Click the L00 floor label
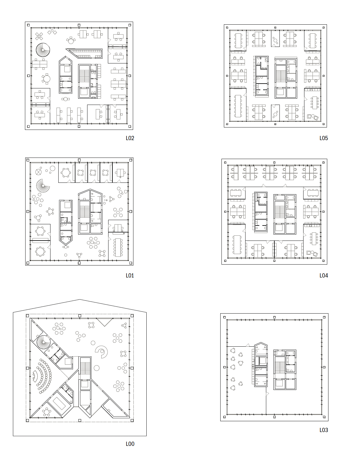pyautogui.click(x=130, y=444)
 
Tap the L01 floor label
pyautogui.click(x=130, y=275)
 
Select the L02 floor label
pyautogui.click(x=130, y=138)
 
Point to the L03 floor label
pyautogui.click(x=324, y=430)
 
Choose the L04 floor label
pyautogui.click(x=324, y=275)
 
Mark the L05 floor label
pyautogui.click(x=324, y=138)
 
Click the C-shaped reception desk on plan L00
pyautogui.click(x=102, y=352)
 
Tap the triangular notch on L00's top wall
pyautogui.click(x=105, y=322)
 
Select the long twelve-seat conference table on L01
pyautogui.click(x=117, y=247)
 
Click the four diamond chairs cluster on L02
pyautogui.click(x=39, y=36)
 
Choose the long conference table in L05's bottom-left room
pyautogui.click(x=238, y=106)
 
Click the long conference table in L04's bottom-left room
pyautogui.click(x=237, y=244)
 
